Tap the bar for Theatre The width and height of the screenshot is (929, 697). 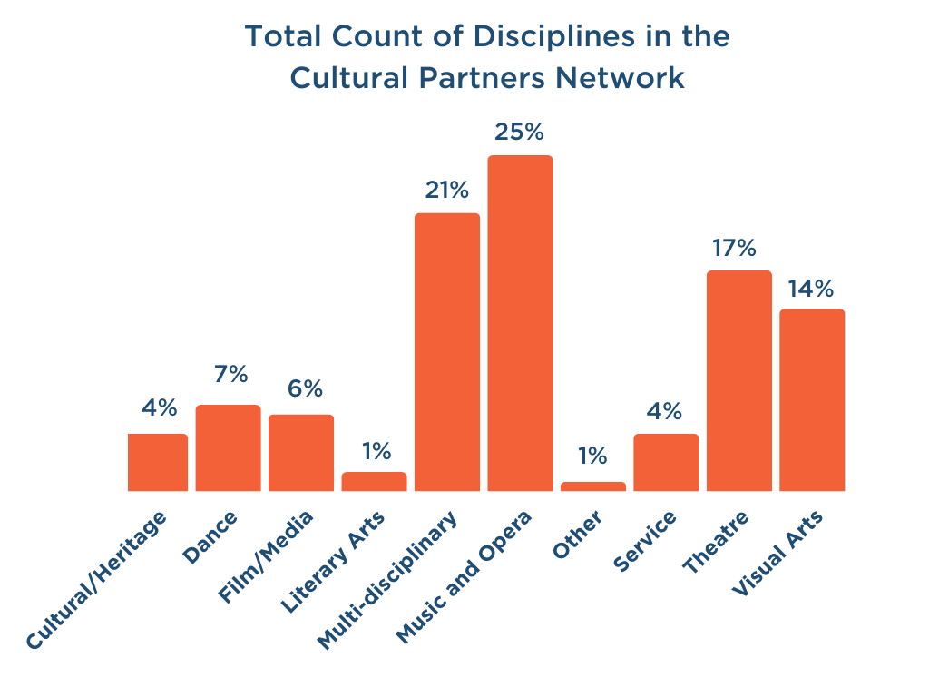click(x=738, y=380)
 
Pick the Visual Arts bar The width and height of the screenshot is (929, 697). click(x=812, y=400)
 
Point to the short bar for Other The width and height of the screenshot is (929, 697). click(x=592, y=486)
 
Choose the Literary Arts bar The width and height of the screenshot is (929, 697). click(x=374, y=481)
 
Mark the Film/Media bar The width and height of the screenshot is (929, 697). click(x=301, y=453)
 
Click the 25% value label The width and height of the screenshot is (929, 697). click(x=519, y=132)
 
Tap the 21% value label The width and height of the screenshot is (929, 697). click(x=446, y=191)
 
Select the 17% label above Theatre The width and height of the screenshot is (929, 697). click(x=738, y=248)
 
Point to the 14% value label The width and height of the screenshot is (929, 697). click(x=811, y=289)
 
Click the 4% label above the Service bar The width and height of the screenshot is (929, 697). click(x=665, y=411)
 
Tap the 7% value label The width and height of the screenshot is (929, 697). click(x=228, y=374)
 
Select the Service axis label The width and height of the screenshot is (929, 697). click(x=645, y=542)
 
